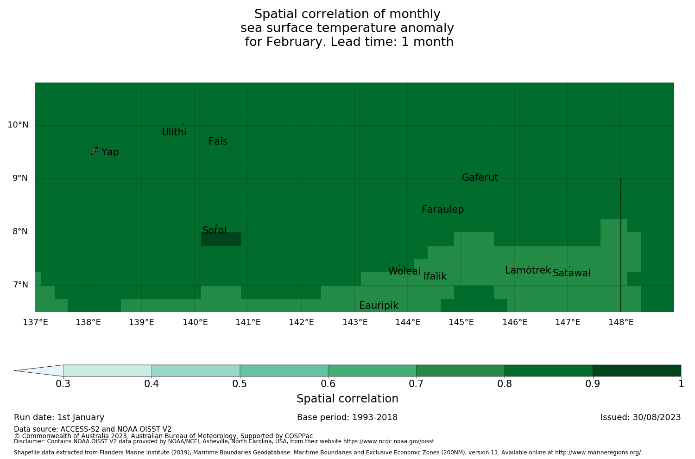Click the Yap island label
[110, 152]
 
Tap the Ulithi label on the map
[174, 132]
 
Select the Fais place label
[218, 141]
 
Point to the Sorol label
[215, 230]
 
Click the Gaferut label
[480, 178]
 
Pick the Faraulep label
[442, 210]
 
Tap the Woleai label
[404, 271]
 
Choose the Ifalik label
[435, 276]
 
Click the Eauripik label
[379, 306]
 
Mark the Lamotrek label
[528, 270]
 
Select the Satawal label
[571, 273]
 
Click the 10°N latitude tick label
[18, 125]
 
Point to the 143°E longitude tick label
[355, 322]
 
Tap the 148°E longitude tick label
[621, 322]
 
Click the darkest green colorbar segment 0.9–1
[637, 370]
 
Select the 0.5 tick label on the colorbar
[240, 384]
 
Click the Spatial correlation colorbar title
[347, 399]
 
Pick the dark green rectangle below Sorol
[221, 239]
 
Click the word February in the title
[296, 42]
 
